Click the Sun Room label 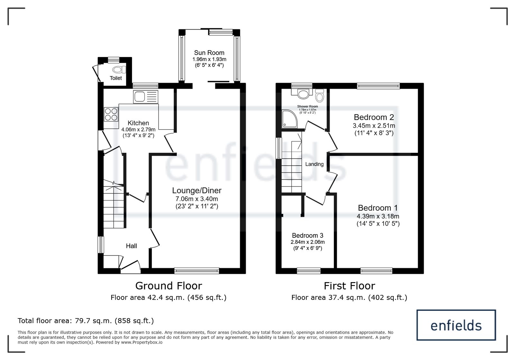[x=209, y=53]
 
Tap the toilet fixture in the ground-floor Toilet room [x=119, y=69]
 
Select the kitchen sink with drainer [x=145, y=97]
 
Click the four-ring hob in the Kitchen [x=111, y=115]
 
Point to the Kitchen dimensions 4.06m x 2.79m [x=138, y=130]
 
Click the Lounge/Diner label [x=197, y=190]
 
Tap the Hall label [x=131, y=246]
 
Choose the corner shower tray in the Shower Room [x=289, y=119]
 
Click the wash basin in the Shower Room [x=303, y=94]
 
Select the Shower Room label [x=307, y=106]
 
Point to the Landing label [x=314, y=164]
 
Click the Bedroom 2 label [x=374, y=117]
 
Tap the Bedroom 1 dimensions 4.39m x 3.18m [x=378, y=217]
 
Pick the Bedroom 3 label [x=308, y=235]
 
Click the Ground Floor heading [x=169, y=286]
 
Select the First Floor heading [x=349, y=286]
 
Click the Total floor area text [x=86, y=321]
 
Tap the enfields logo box [x=456, y=325]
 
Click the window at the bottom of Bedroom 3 [x=309, y=271]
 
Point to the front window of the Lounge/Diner [x=197, y=271]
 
